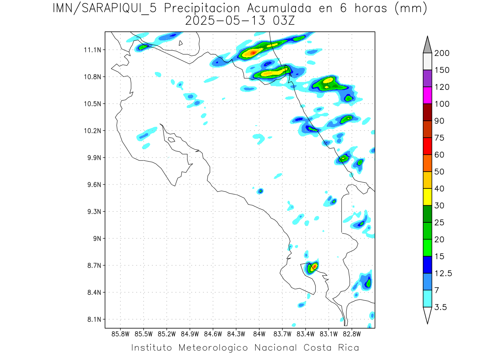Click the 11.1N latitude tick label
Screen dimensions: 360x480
tap(94, 50)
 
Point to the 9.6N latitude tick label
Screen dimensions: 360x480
tap(94, 185)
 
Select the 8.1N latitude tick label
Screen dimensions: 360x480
tap(94, 320)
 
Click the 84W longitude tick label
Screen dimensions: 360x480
tap(259, 334)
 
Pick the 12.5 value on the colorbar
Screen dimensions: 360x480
tap(443, 274)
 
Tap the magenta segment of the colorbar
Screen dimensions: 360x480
tap(427, 96)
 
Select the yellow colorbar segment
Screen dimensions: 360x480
tap(427, 197)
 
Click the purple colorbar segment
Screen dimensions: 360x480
tap(427, 78)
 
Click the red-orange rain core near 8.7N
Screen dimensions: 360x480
tap(314, 266)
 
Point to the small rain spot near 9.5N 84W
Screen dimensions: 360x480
tap(260, 191)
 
